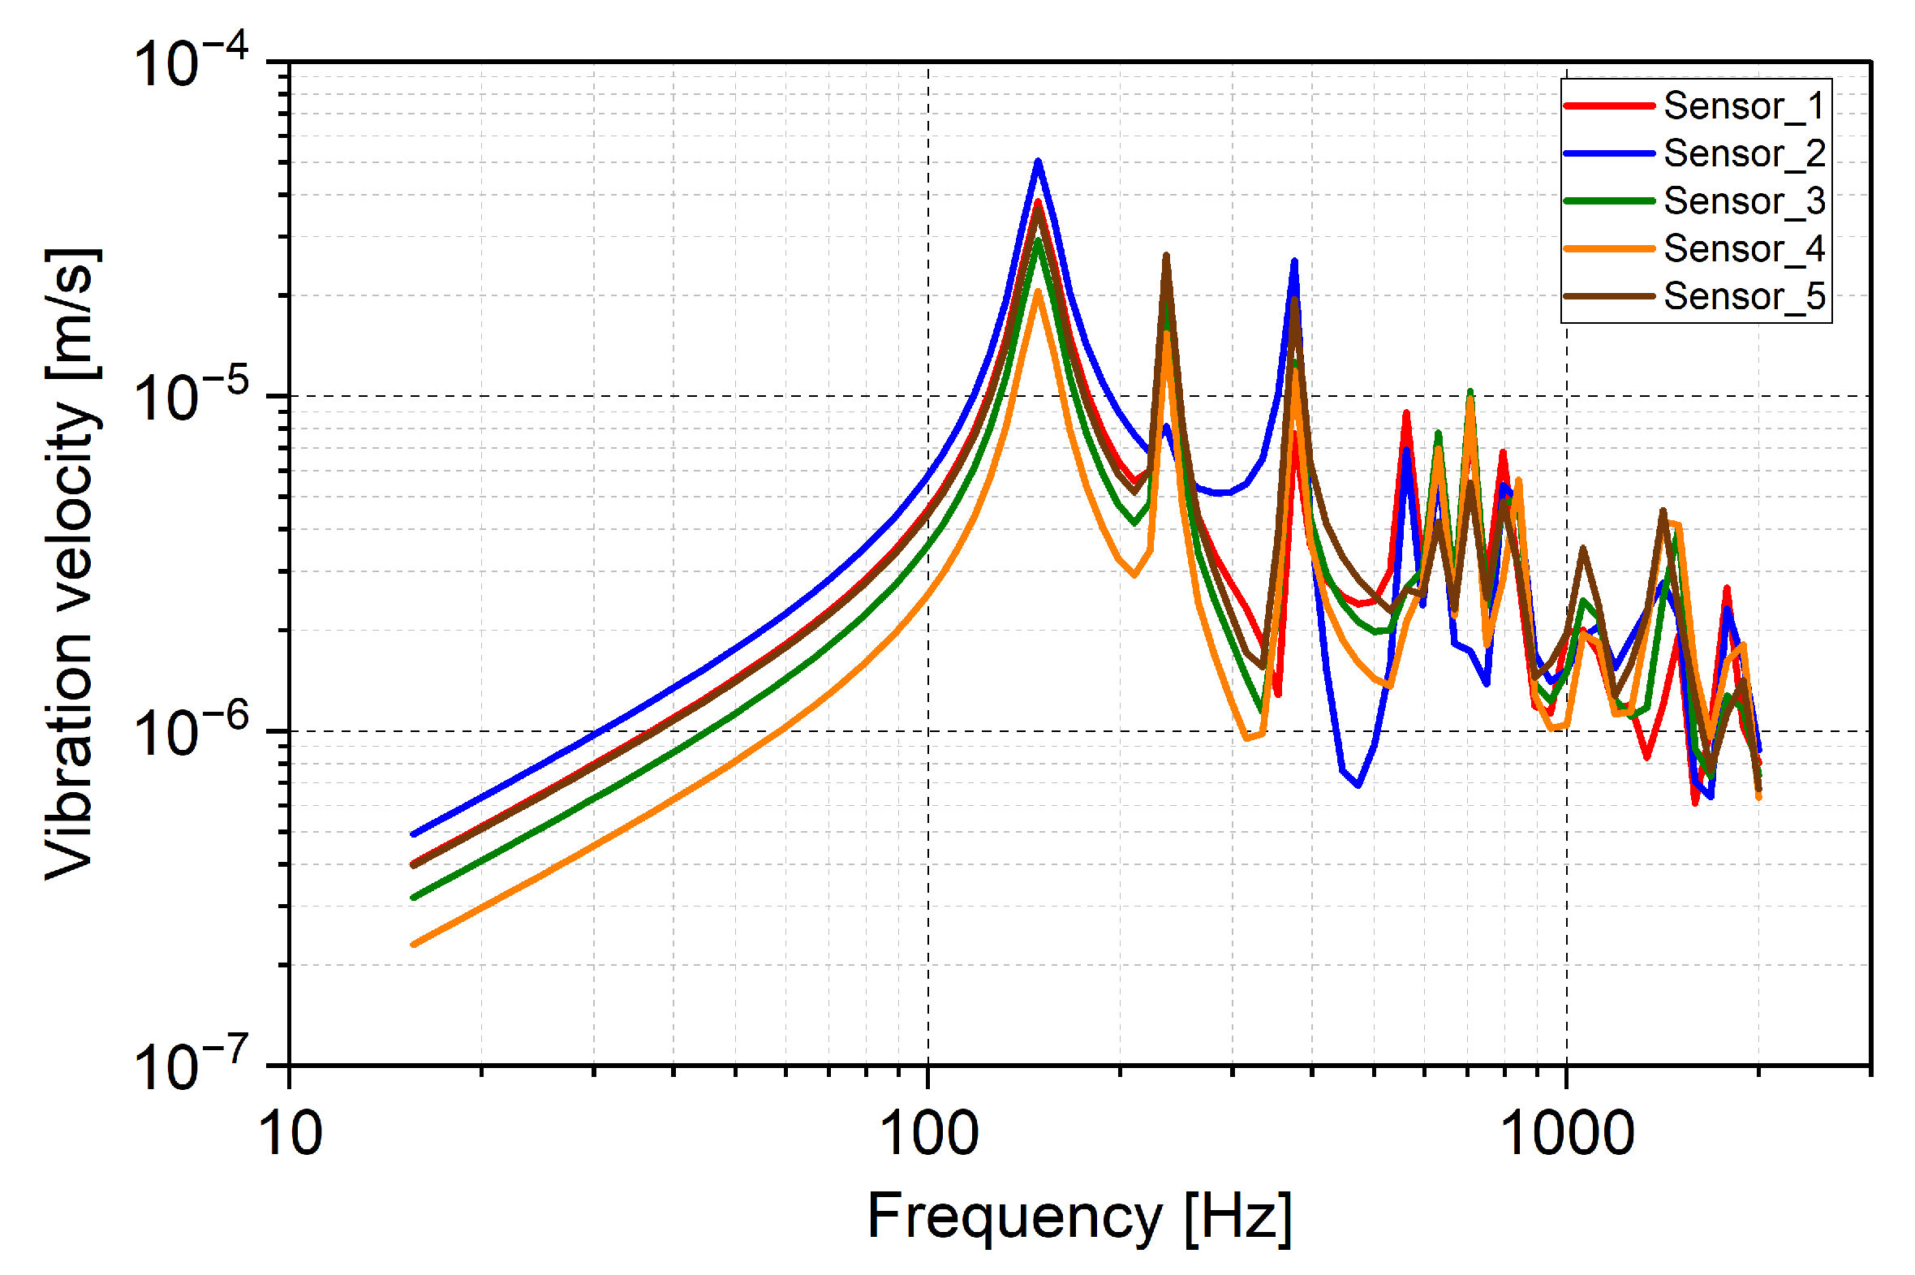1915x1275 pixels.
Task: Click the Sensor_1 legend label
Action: (1744, 106)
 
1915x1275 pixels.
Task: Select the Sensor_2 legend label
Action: (1744, 153)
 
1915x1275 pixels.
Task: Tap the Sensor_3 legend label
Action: (1744, 200)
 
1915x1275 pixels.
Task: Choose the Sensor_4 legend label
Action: (1744, 248)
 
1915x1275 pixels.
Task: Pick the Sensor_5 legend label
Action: (1744, 296)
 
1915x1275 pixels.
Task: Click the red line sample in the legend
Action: (1608, 106)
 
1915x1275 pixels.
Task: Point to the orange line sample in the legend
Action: (1608, 248)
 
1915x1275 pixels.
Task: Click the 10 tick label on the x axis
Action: (290, 1135)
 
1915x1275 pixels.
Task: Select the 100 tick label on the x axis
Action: (929, 1135)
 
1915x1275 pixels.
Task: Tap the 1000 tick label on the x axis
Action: (1566, 1135)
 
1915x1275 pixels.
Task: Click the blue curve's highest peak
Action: (1038, 162)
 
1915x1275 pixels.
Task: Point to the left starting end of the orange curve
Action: (414, 945)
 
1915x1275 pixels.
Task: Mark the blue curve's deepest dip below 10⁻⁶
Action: (1358, 786)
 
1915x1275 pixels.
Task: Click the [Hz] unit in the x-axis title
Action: (1238, 1218)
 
